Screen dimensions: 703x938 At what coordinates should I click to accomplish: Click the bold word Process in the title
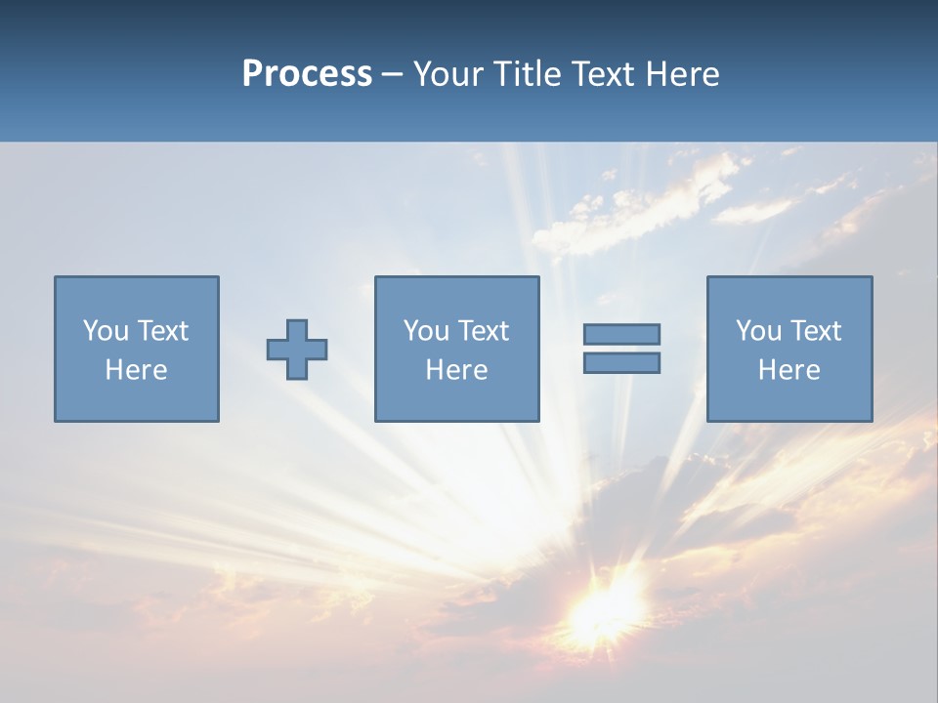[307, 74]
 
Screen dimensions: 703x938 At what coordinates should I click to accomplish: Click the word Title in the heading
[529, 74]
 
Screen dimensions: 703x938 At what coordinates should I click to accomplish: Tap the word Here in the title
[682, 74]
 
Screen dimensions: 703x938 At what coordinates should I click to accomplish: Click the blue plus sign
[297, 349]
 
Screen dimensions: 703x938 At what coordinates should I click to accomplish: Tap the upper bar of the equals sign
[621, 334]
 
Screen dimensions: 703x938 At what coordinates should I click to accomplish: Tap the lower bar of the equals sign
[621, 362]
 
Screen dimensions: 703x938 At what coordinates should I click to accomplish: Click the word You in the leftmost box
[106, 331]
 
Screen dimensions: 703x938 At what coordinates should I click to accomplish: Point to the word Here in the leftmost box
[137, 370]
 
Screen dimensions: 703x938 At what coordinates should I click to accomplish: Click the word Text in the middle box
[484, 331]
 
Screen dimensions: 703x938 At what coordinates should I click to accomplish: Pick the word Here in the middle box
[456, 370]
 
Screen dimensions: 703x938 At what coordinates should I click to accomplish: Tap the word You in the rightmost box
[758, 331]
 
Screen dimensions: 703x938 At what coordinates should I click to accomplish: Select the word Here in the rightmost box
[789, 370]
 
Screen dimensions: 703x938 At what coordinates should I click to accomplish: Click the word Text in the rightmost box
[816, 331]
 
